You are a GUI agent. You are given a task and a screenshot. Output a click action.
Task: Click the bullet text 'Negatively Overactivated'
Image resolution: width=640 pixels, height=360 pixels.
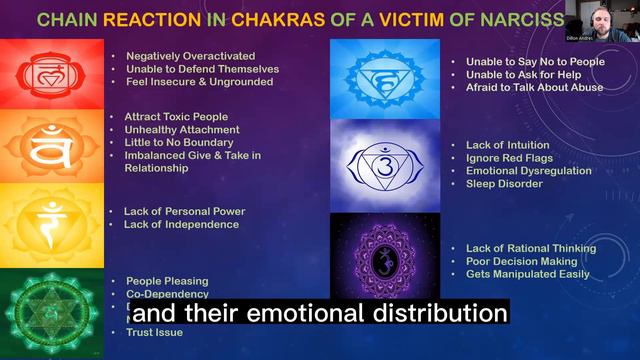[x=191, y=55]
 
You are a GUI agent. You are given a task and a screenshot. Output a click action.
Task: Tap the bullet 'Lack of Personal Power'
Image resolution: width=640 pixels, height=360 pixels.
[x=184, y=211]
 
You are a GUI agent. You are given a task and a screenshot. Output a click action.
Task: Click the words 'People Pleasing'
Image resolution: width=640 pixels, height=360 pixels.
[x=167, y=281]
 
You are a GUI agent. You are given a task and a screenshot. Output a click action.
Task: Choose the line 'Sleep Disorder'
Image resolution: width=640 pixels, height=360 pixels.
[x=504, y=183]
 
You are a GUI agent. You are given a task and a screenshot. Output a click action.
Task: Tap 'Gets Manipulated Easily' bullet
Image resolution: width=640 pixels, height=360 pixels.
[x=528, y=274]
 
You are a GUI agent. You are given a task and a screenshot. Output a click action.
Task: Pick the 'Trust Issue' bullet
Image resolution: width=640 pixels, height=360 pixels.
[x=154, y=331]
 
